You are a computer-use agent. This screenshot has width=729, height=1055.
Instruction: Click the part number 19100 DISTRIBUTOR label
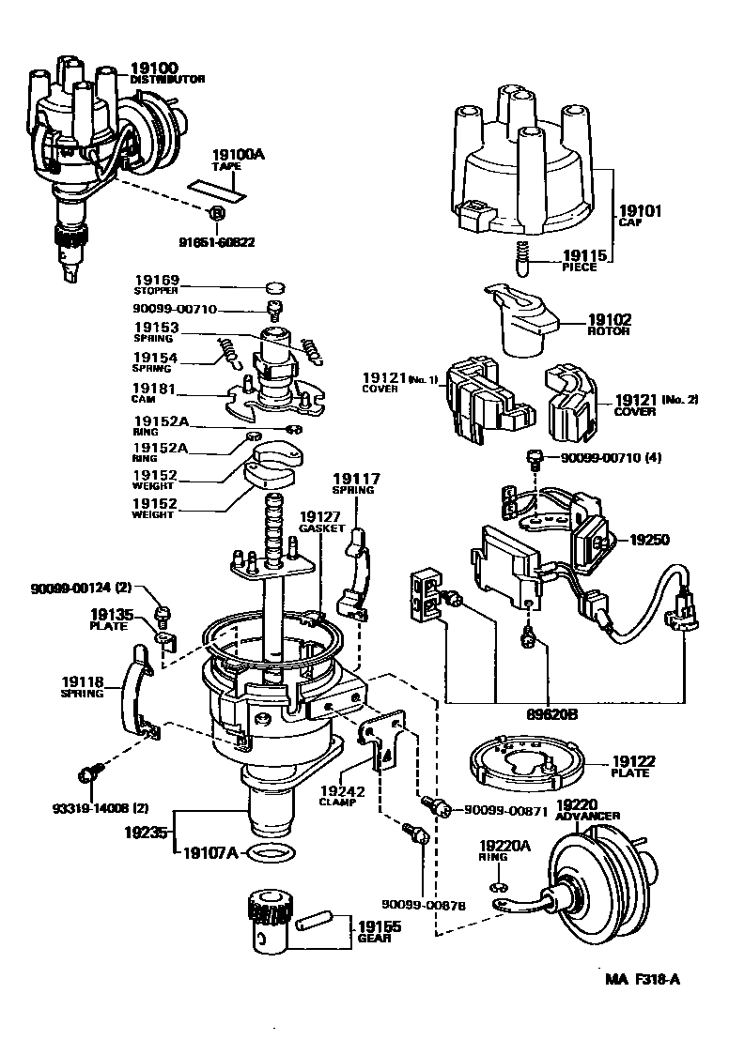pos(165,73)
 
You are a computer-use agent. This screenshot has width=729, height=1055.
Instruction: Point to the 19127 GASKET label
pos(322,522)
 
